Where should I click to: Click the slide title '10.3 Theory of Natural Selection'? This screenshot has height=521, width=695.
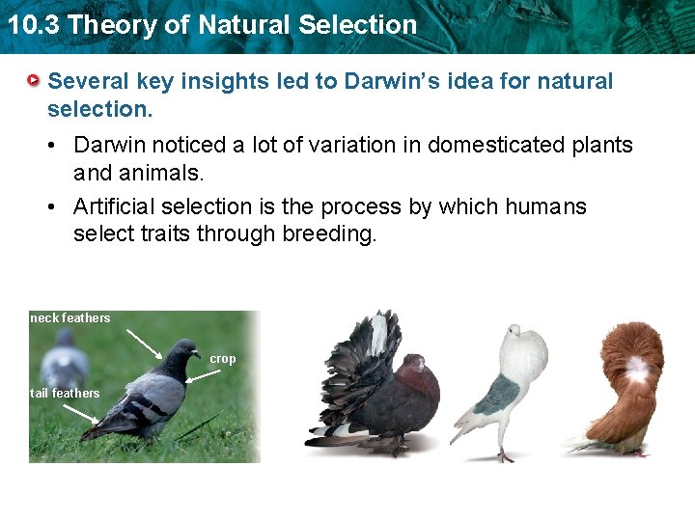211,24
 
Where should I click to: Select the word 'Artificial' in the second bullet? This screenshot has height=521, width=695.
114,207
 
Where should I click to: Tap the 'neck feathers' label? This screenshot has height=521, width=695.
70,318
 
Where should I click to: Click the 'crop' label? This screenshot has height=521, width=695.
223,359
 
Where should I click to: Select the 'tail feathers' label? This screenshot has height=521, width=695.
65,394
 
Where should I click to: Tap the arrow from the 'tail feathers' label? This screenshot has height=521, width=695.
79,413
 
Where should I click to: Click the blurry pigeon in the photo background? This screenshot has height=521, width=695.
65,357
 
